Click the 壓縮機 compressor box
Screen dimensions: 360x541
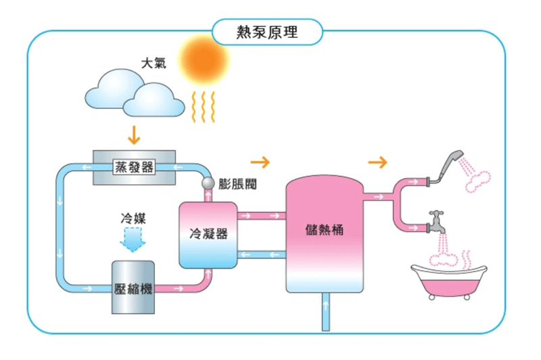pyautogui.click(x=133, y=287)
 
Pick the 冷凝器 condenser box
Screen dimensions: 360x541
pyautogui.click(x=208, y=234)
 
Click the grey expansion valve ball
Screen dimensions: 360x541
pyautogui.click(x=208, y=184)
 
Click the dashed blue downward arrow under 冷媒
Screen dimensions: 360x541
pyautogui.click(x=133, y=238)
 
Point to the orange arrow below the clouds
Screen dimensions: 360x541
pyautogui.click(x=133, y=135)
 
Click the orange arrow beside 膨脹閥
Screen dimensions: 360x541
pyautogui.click(x=260, y=162)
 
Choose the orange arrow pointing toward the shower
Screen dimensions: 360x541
pyautogui.click(x=379, y=162)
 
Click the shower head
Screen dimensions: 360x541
pyautogui.click(x=448, y=165)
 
